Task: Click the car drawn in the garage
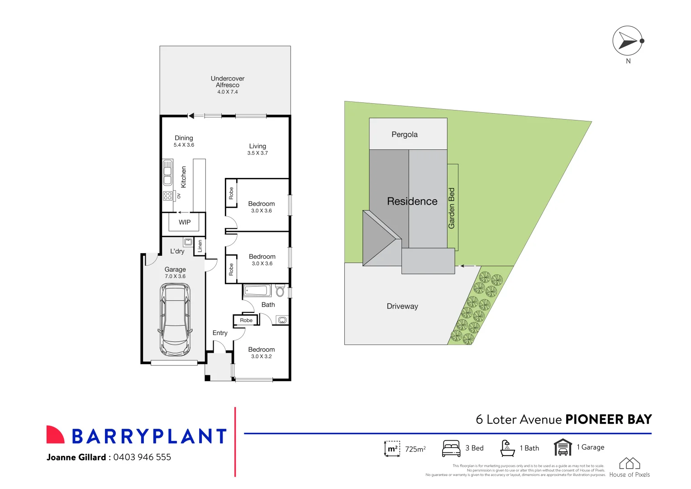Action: [175, 320]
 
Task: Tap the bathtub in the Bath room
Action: [257, 291]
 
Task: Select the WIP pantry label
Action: [185, 222]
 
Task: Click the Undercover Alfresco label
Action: [227, 82]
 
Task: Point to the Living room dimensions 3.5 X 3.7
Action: [257, 153]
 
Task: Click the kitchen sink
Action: [167, 172]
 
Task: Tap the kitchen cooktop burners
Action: [167, 196]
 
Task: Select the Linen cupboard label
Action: [200, 246]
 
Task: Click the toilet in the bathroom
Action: [280, 291]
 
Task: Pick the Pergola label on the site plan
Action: [405, 134]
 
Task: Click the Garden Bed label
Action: [452, 208]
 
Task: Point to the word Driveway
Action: [402, 307]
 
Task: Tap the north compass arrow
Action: [627, 41]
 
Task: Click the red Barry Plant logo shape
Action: [55, 435]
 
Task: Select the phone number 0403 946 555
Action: [142, 457]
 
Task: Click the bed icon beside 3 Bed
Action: [451, 448]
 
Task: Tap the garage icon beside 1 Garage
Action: [562, 447]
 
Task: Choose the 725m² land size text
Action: [415, 449]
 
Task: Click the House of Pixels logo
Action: [629, 464]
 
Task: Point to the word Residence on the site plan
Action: [412, 201]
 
